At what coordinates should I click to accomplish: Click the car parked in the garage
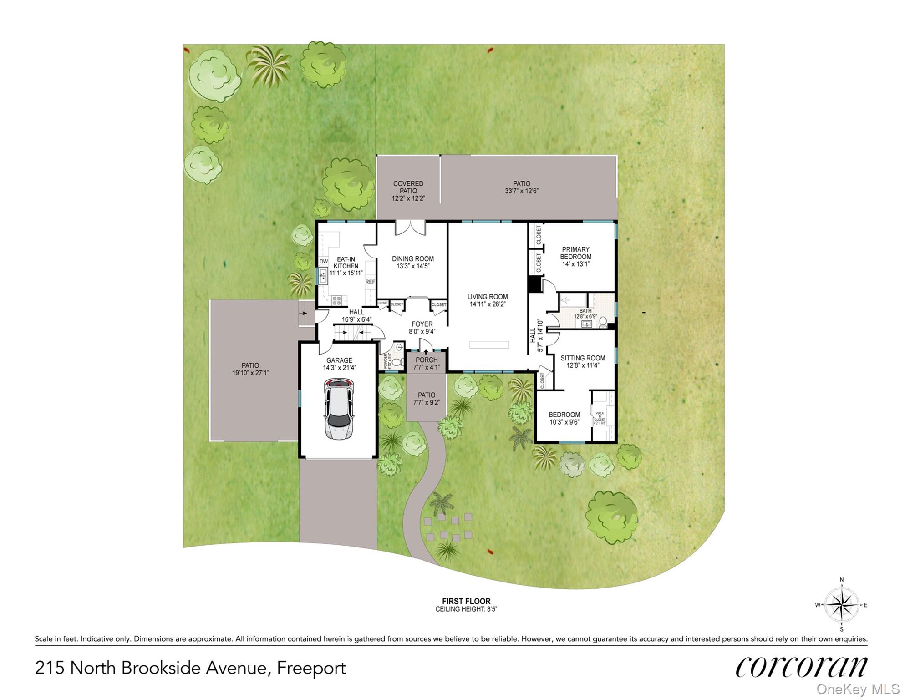click(x=339, y=408)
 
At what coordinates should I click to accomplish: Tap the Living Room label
click(x=487, y=297)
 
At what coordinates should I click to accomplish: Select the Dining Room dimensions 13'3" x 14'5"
click(x=413, y=266)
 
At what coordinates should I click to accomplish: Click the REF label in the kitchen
click(x=370, y=282)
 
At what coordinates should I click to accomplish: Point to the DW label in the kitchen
click(x=323, y=262)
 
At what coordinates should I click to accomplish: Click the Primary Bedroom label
click(x=575, y=253)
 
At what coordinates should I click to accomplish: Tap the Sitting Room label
click(x=582, y=358)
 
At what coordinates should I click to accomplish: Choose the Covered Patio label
click(x=408, y=187)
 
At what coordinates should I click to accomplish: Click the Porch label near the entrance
click(x=426, y=360)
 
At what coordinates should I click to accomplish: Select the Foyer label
click(x=422, y=324)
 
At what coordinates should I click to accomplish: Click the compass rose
click(x=842, y=605)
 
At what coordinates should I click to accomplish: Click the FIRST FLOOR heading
click(x=466, y=601)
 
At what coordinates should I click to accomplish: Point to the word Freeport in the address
click(x=311, y=668)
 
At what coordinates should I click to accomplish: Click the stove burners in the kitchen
click(x=336, y=300)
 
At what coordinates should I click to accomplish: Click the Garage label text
click(x=339, y=360)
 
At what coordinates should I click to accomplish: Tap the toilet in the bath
click(x=603, y=322)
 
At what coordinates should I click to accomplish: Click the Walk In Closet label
click(x=600, y=416)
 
